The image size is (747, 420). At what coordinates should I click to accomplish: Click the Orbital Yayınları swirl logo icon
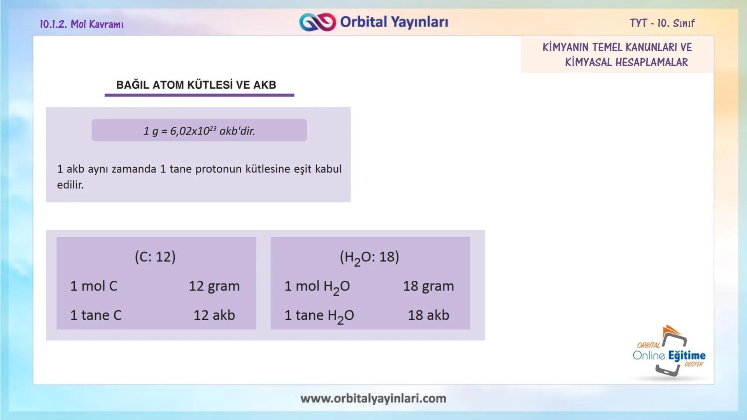[317, 22]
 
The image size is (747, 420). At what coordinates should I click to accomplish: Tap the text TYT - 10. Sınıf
[662, 23]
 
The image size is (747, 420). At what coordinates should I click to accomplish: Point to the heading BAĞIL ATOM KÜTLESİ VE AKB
[196, 85]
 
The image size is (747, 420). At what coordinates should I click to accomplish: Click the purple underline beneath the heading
[199, 95]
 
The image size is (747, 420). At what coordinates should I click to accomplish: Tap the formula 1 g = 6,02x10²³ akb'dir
[199, 131]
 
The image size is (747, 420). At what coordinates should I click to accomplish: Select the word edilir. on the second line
[70, 185]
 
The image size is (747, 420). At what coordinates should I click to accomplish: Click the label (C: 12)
[155, 257]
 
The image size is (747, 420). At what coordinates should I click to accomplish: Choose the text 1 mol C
[93, 286]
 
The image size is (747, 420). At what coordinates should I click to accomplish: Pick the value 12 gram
[214, 286]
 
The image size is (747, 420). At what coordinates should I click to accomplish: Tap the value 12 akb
[214, 315]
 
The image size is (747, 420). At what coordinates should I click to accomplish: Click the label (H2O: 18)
[369, 257]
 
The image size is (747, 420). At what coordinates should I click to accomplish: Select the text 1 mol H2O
[317, 287]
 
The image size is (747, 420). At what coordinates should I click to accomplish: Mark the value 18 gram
[428, 286]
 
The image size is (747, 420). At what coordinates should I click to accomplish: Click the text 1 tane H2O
[319, 315]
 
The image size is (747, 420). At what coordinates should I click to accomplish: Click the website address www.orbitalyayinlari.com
[373, 398]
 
